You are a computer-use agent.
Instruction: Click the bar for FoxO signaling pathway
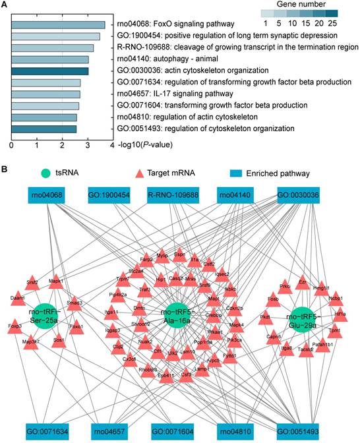(x=58, y=25)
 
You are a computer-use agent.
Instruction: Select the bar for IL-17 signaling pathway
(x=45, y=94)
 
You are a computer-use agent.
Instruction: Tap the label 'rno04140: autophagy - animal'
(x=169, y=59)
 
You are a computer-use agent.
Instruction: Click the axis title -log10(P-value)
(x=146, y=144)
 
